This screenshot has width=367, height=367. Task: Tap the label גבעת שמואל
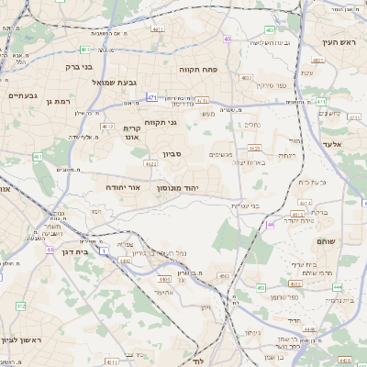point(115,83)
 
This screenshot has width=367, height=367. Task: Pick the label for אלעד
point(331,144)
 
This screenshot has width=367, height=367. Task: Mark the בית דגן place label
point(72,250)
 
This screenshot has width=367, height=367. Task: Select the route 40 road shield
point(227,39)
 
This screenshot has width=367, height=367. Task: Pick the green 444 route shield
point(338,286)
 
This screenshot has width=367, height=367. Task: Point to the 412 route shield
point(20,306)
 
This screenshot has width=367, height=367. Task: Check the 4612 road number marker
point(107,127)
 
